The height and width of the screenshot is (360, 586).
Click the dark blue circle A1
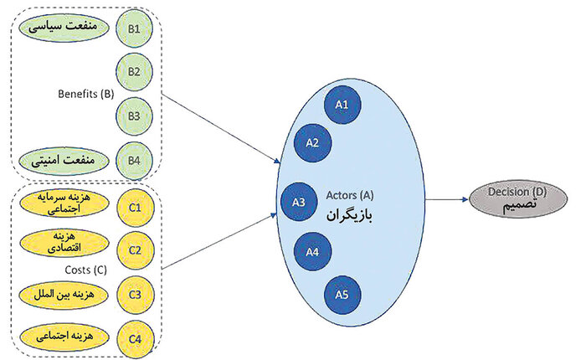click(342, 105)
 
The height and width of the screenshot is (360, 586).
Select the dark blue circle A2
click(312, 142)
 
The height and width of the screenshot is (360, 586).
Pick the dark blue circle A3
click(298, 201)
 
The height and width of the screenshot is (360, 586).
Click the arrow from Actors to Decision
click(440, 200)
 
